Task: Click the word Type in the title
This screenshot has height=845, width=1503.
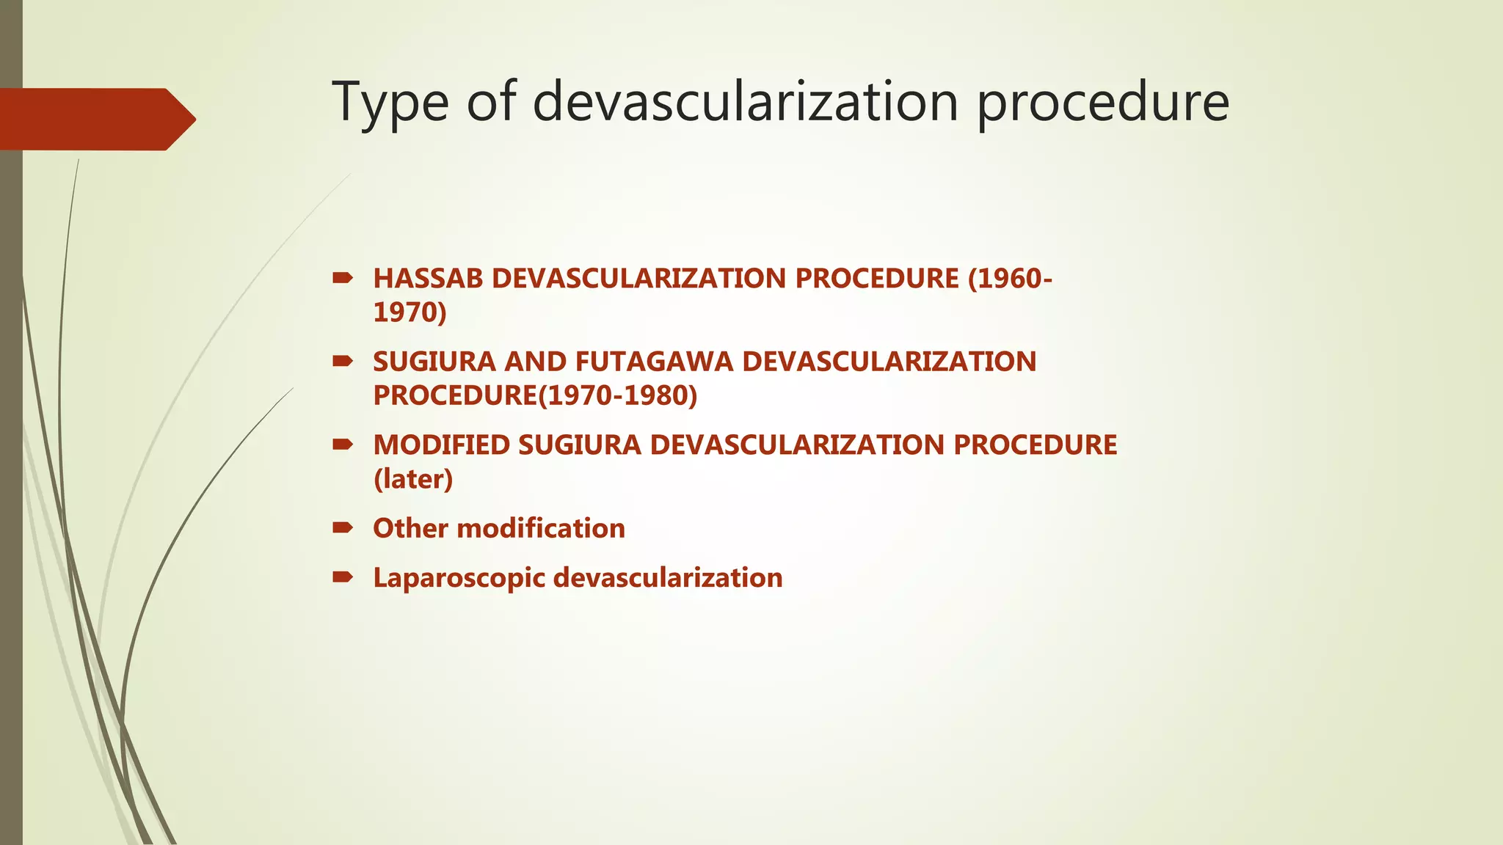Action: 390,103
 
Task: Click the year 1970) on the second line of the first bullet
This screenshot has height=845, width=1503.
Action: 410,312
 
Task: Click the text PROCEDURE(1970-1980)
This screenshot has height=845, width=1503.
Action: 535,395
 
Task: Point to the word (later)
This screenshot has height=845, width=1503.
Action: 413,479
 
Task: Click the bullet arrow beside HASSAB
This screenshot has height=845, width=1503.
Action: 342,278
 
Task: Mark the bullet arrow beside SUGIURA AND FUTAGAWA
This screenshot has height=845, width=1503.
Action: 342,361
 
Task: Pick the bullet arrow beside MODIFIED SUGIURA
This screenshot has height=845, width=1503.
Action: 342,445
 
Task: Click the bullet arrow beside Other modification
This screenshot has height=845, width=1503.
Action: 342,527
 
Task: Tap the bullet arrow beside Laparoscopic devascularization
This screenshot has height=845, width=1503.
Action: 342,577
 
